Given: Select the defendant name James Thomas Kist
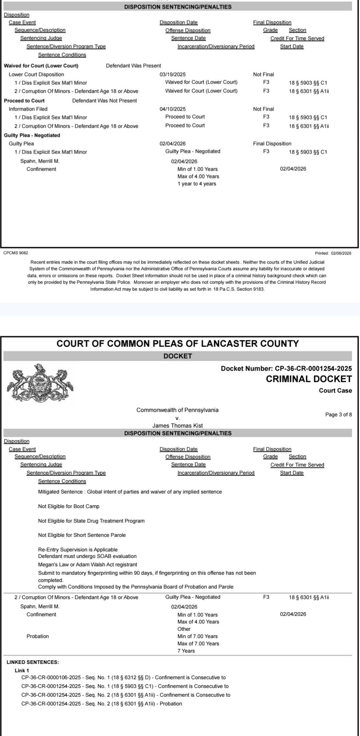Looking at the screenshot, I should [x=177, y=425].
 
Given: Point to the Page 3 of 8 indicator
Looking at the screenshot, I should [x=339, y=414].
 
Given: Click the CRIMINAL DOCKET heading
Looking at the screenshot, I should [x=309, y=379].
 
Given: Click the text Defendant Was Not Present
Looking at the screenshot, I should [x=105, y=101].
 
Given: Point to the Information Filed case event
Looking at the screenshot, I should [x=28, y=109].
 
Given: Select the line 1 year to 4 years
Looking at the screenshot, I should [x=197, y=184].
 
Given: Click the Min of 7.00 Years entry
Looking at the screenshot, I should [x=197, y=636].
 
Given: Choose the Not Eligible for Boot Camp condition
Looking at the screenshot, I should [x=69, y=506].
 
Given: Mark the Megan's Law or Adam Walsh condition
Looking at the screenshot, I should [x=87, y=564].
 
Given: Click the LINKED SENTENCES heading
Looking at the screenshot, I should [x=33, y=662].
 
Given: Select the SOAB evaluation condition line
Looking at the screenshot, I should [x=87, y=556].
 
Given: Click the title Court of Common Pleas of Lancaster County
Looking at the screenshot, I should [x=177, y=343].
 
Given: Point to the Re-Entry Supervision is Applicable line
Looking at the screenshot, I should [x=78, y=550].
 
